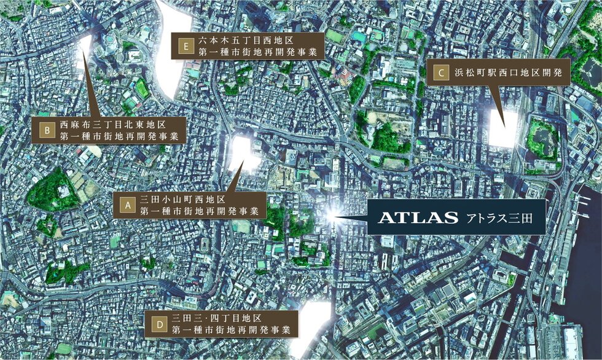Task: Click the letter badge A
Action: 127,205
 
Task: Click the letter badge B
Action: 46,130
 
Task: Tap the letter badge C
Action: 440,72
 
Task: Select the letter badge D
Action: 160,324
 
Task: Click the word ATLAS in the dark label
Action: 418,217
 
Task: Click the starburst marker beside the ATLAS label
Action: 332,215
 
